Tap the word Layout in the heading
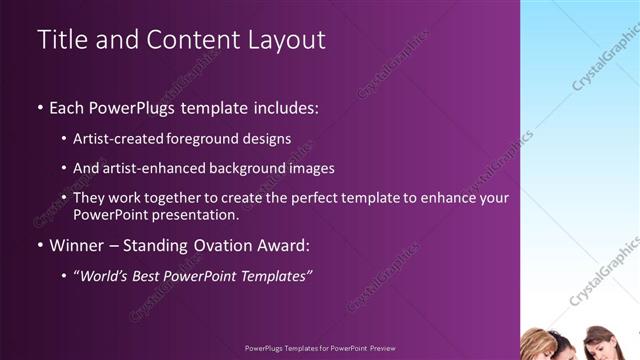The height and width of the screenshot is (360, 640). point(288,40)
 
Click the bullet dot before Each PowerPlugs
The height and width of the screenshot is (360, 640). point(39,106)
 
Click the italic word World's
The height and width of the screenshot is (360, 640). point(104,275)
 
